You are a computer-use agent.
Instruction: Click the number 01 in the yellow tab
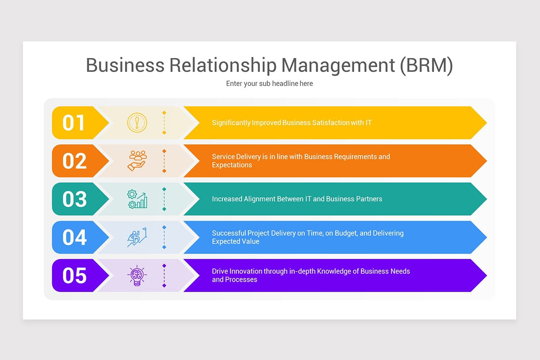74,123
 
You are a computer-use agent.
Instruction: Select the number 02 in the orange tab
74,161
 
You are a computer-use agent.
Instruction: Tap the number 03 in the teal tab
74,199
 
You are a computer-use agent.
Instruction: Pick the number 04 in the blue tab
74,238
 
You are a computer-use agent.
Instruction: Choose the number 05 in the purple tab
74,276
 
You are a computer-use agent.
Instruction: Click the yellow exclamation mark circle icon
137,122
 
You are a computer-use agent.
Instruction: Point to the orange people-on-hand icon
137,161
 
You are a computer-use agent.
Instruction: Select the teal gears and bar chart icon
137,199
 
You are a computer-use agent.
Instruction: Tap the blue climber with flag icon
137,237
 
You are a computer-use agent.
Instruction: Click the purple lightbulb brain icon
137,275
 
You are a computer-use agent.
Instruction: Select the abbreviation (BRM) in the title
426,65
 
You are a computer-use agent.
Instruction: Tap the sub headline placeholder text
269,84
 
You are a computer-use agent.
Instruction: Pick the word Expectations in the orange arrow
232,165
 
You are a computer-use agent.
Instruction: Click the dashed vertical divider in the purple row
164,275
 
